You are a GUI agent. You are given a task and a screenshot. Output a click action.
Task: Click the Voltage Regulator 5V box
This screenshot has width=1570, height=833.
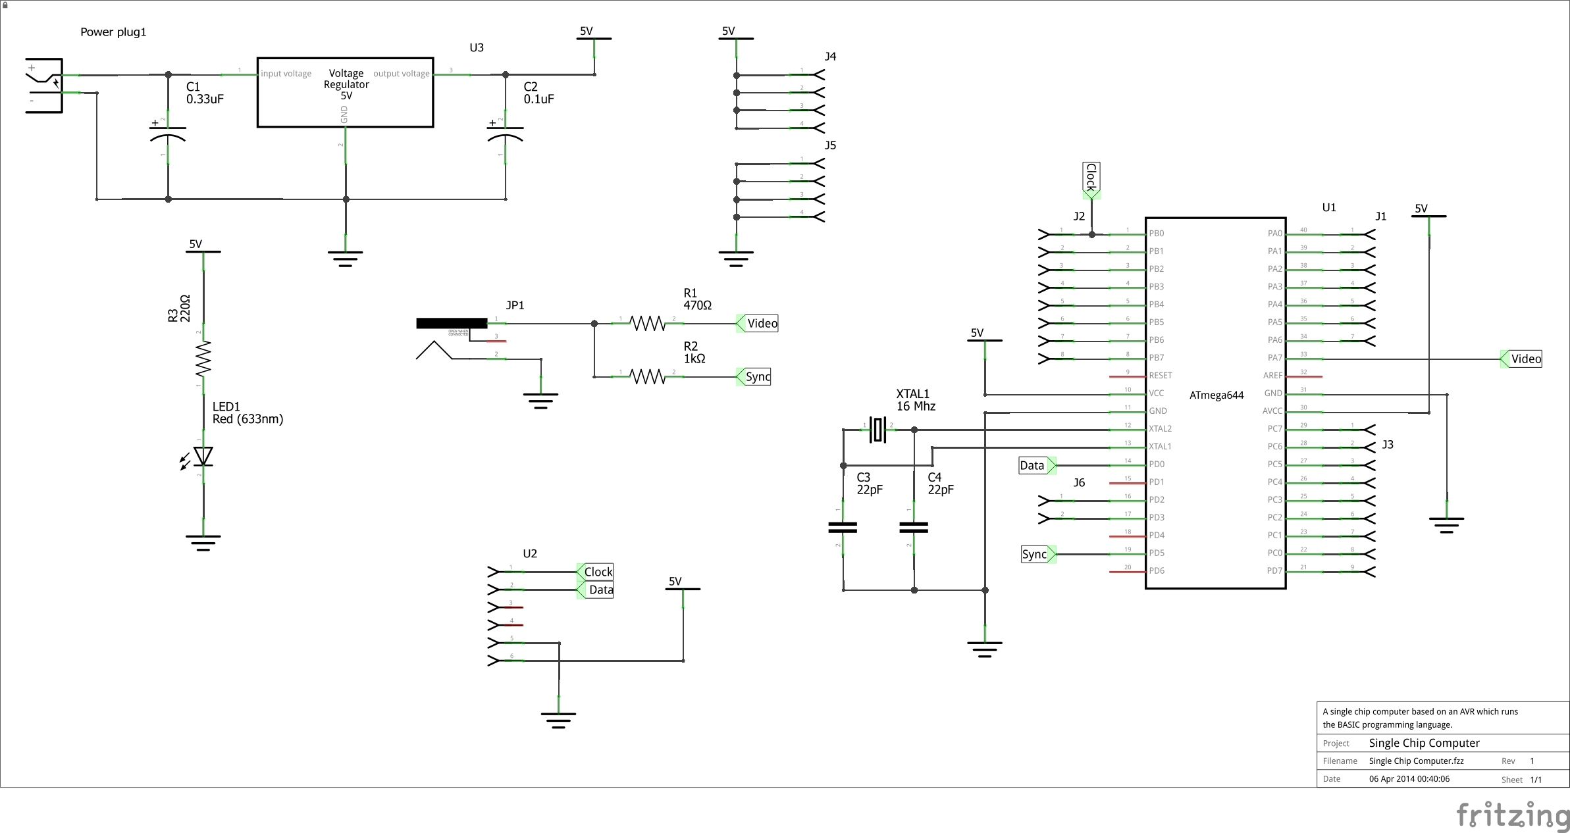coord(345,92)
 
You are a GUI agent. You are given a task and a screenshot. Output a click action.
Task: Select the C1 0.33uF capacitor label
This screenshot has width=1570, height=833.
coord(204,93)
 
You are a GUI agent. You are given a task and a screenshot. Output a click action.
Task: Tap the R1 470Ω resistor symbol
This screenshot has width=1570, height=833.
coord(648,323)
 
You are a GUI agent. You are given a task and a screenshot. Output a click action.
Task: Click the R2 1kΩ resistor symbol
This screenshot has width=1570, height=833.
coord(648,376)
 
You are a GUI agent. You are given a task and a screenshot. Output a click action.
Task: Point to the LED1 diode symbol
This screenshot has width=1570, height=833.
coord(203,456)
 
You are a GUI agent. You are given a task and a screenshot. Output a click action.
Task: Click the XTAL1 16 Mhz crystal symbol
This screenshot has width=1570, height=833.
coord(878,430)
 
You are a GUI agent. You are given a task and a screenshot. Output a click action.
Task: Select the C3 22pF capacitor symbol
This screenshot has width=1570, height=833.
coord(843,527)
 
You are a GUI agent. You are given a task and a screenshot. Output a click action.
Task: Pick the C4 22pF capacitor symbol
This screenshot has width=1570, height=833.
coord(914,527)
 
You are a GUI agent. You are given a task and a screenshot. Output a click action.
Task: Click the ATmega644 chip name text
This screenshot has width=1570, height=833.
coord(1216,395)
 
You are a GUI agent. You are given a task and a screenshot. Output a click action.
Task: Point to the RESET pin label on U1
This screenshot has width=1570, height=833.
coord(1160,376)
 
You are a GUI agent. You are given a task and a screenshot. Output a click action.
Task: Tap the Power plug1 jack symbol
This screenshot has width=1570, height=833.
coord(45,86)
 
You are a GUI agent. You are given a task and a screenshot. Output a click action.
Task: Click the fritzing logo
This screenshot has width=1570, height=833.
coord(1512,815)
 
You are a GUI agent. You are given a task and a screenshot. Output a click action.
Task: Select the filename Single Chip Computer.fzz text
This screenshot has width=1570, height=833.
coord(1416,761)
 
